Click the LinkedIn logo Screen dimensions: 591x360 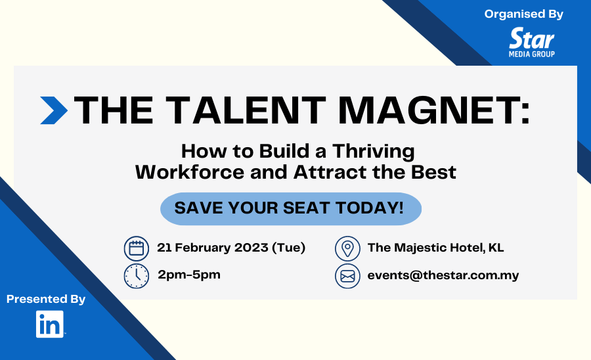coord(50,324)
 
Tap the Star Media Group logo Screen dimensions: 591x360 coord(532,42)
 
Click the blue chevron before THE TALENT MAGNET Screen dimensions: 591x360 coord(54,110)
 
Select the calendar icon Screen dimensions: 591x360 coord(137,249)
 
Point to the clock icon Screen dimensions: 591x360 coord(137,276)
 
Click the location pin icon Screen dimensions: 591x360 coord(347,249)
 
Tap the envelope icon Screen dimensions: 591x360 coord(347,276)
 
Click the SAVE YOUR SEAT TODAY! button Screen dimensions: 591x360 coord(291,209)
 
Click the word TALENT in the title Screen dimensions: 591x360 coord(246,110)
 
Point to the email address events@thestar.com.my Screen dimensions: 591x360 coord(443,275)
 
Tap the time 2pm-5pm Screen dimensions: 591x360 coord(189,275)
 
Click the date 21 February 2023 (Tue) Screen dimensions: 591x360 coord(231,248)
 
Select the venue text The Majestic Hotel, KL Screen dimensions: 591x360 coord(436,248)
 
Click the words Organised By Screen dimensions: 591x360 coord(524,14)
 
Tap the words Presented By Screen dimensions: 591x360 coord(46,300)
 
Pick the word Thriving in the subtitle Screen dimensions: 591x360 coord(373,152)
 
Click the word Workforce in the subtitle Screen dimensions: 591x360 coord(190,172)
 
